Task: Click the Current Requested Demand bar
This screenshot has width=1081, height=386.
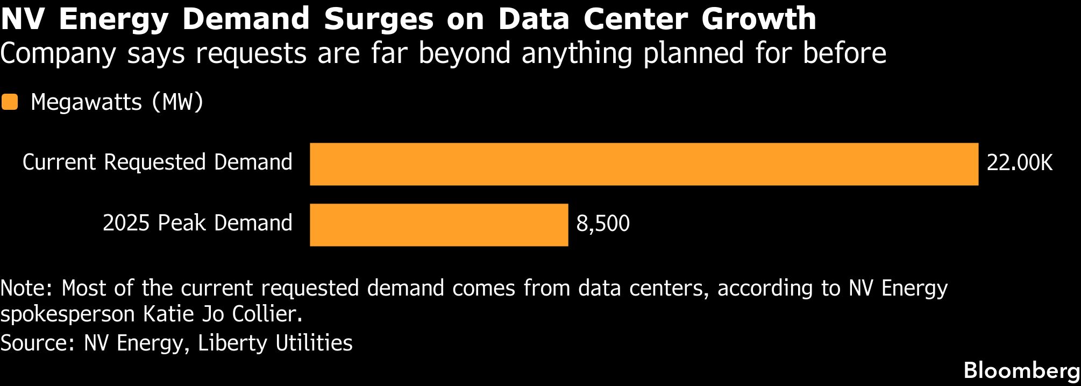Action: pyautogui.click(x=644, y=164)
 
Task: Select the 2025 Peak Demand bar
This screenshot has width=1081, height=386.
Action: pyautogui.click(x=439, y=225)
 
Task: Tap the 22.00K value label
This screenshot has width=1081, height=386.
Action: pyautogui.click(x=1019, y=163)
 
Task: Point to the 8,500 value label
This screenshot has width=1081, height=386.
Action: pyautogui.click(x=603, y=223)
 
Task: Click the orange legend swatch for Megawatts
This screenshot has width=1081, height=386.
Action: pyautogui.click(x=10, y=102)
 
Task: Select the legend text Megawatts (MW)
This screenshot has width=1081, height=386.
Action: pyautogui.click(x=117, y=102)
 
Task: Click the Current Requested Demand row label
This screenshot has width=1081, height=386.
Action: pyautogui.click(x=158, y=163)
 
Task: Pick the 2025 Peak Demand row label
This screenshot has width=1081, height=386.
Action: pyautogui.click(x=197, y=223)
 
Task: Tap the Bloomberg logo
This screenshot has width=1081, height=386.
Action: pyautogui.click(x=1022, y=371)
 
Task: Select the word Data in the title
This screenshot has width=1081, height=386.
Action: pyautogui.click(x=534, y=19)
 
